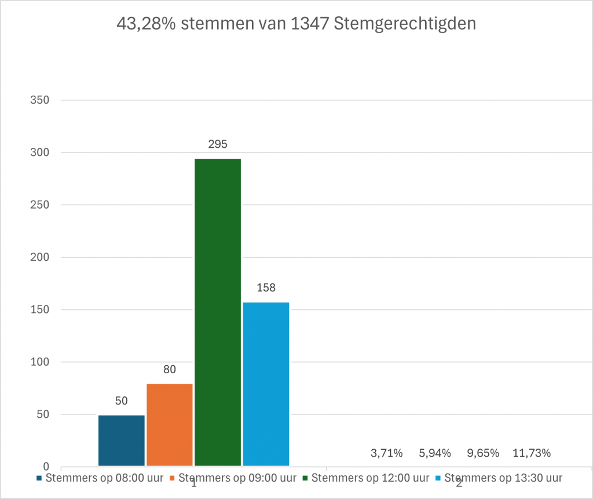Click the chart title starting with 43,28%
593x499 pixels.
[296, 24]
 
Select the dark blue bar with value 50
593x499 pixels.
[122, 440]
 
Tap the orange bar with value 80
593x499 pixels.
[170, 424]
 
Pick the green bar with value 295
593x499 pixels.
[218, 312]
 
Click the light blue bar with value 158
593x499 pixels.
[266, 384]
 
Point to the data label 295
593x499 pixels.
[218, 144]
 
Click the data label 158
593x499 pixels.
[266, 288]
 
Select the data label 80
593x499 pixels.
[170, 369]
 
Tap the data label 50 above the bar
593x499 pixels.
[122, 400]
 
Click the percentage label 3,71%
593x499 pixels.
[386, 453]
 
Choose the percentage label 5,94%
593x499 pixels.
[434, 453]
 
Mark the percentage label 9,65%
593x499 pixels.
[482, 453]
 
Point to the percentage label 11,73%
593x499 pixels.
[531, 453]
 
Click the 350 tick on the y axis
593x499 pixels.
[39, 100]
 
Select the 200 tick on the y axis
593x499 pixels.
[39, 257]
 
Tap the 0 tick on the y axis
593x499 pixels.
[46, 467]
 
